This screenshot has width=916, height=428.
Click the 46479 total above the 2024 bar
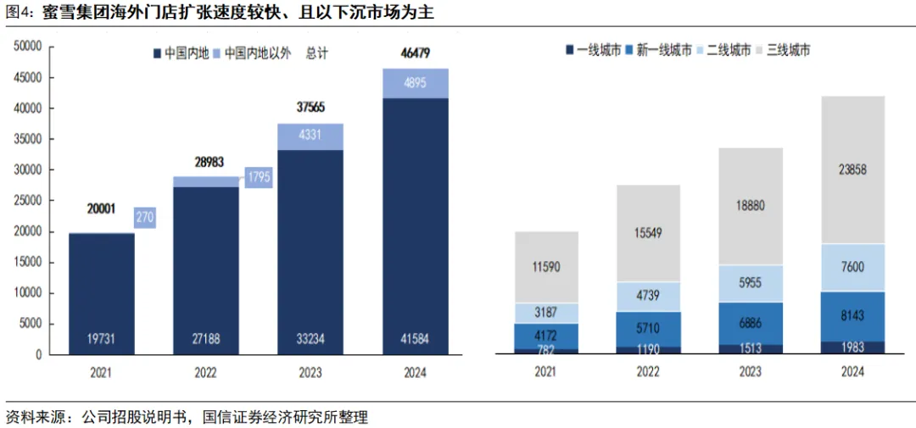(x=416, y=53)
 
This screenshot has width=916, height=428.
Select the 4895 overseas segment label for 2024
(x=416, y=83)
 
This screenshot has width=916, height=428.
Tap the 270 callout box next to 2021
(x=145, y=217)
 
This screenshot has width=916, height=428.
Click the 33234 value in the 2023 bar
(x=311, y=339)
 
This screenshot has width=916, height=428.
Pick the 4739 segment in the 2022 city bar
(x=648, y=296)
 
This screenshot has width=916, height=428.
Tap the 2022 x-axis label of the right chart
(x=648, y=371)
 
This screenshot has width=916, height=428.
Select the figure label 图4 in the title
(x=19, y=13)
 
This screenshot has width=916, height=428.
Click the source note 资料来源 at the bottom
(x=38, y=417)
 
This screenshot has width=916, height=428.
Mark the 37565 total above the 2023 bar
(x=311, y=107)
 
